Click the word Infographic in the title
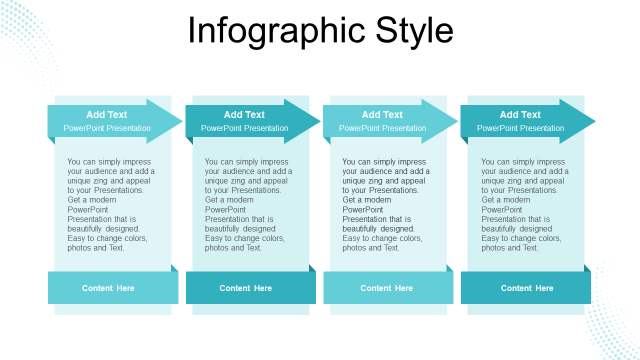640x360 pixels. point(276,31)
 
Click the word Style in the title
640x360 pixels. point(414,31)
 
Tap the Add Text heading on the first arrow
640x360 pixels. point(106,114)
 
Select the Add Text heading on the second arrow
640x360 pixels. point(244,114)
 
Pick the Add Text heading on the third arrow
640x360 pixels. point(382,114)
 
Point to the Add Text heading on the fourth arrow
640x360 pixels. point(520,114)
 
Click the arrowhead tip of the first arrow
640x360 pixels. point(182,121)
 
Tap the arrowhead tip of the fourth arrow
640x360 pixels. point(595,121)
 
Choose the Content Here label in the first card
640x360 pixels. point(108,288)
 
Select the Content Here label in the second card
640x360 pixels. point(245,288)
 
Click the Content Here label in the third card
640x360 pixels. point(386,288)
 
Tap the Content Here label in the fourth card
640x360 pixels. point(527,288)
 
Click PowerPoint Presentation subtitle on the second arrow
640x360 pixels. point(244,128)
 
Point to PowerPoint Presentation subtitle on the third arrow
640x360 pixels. point(382,128)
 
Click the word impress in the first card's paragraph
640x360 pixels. point(136,162)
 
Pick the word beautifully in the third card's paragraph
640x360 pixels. point(359,228)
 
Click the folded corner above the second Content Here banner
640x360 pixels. point(313,268)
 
